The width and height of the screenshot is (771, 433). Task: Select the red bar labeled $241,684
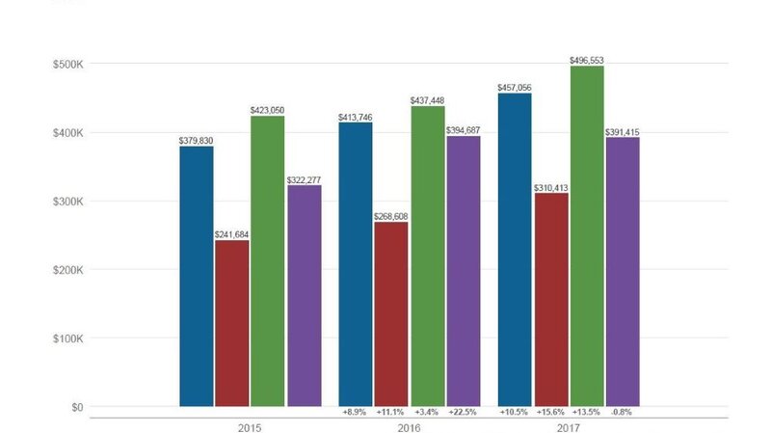click(x=232, y=323)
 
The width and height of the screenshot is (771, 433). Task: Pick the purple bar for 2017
click(x=623, y=271)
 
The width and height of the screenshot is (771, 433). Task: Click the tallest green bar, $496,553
click(x=587, y=235)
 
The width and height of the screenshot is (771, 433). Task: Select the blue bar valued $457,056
click(x=514, y=250)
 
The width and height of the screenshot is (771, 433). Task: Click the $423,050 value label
click(x=267, y=110)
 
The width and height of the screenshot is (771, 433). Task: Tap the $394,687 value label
click(x=464, y=130)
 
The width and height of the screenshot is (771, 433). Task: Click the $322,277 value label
click(x=304, y=179)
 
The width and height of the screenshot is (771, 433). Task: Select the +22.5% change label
click(x=464, y=412)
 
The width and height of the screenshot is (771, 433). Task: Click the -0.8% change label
click(x=623, y=412)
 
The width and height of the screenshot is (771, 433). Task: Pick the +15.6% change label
click(x=551, y=412)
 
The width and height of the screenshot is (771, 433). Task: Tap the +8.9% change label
click(x=355, y=412)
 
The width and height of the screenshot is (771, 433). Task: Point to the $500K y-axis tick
click(x=67, y=65)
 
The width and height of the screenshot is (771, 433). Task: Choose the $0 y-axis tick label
click(x=75, y=407)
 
